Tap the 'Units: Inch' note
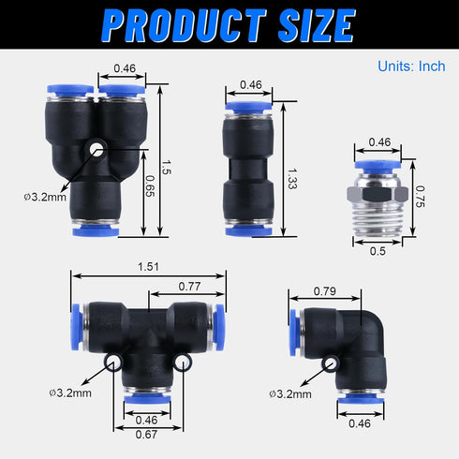pyautogui.click(x=412, y=67)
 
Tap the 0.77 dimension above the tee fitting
pyautogui.click(x=191, y=288)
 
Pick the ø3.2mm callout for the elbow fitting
pyautogui.click(x=289, y=394)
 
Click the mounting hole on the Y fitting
pyautogui.click(x=96, y=149)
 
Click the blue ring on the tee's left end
pyautogui.click(x=76, y=322)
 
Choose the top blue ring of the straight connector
pyautogui.click(x=249, y=110)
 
